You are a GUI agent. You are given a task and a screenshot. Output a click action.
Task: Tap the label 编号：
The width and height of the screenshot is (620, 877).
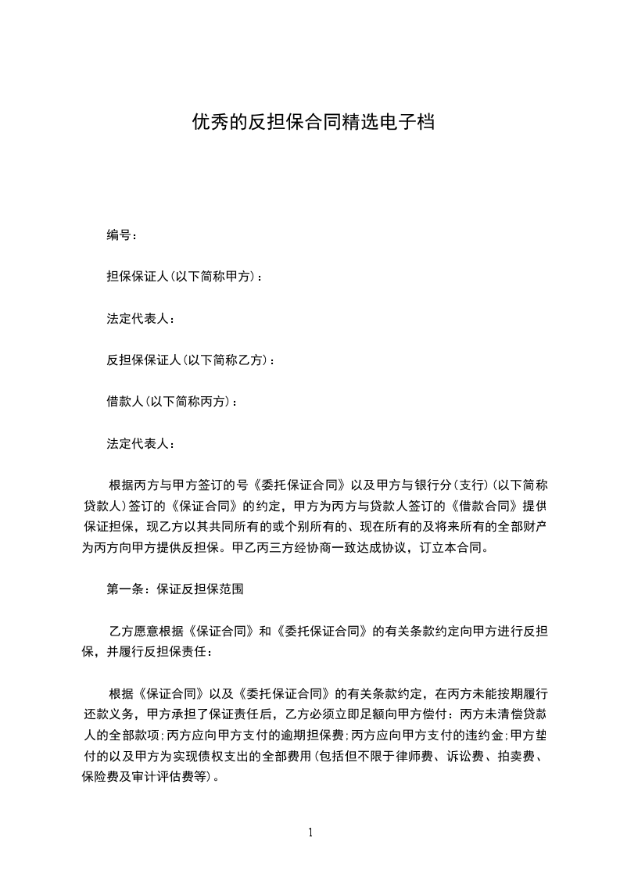(x=123, y=234)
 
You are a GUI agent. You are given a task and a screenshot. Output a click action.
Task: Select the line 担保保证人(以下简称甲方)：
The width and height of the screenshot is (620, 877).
(x=185, y=277)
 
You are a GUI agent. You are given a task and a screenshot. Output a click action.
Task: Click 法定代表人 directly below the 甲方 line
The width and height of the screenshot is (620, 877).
(x=141, y=318)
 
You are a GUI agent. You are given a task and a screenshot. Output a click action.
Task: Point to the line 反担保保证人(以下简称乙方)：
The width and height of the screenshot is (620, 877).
(x=191, y=360)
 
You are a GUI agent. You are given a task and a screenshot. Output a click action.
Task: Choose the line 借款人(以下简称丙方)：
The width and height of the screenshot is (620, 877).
(x=172, y=402)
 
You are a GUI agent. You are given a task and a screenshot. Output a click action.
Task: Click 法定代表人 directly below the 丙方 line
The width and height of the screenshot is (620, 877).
(x=141, y=443)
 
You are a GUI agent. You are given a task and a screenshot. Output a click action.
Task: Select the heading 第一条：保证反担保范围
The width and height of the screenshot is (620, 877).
(x=175, y=589)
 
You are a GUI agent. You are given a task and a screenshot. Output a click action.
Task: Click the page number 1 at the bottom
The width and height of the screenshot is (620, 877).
(x=310, y=832)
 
